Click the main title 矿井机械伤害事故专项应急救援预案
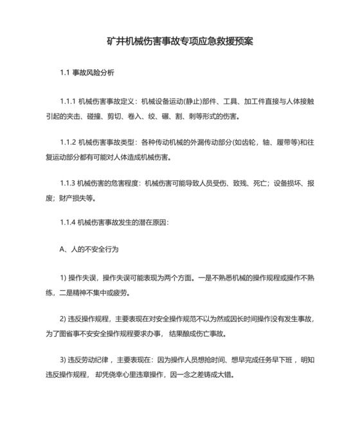179,41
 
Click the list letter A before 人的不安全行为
62,248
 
